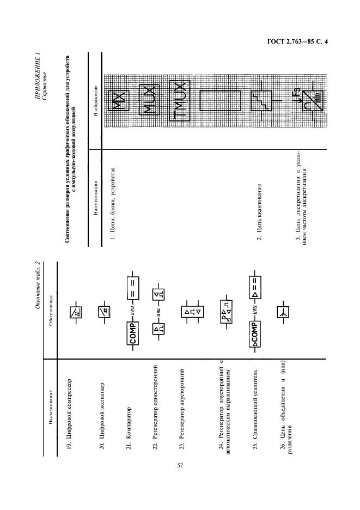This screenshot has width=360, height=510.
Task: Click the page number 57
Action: (180, 465)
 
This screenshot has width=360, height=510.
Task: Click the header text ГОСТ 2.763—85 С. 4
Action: (297, 41)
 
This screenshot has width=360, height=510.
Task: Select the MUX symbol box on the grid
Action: (149, 100)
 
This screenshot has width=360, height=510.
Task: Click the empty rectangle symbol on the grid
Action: (220, 101)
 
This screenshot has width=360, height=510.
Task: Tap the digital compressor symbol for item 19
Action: (76, 313)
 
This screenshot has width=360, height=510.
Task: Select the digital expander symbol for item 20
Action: (105, 313)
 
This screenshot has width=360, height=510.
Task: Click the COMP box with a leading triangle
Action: (255, 335)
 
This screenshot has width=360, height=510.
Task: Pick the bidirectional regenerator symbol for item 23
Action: (192, 312)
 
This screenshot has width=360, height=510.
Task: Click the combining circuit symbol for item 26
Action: (283, 313)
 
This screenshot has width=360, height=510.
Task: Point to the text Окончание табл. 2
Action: (38, 285)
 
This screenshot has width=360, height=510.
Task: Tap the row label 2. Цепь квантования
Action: (259, 212)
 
